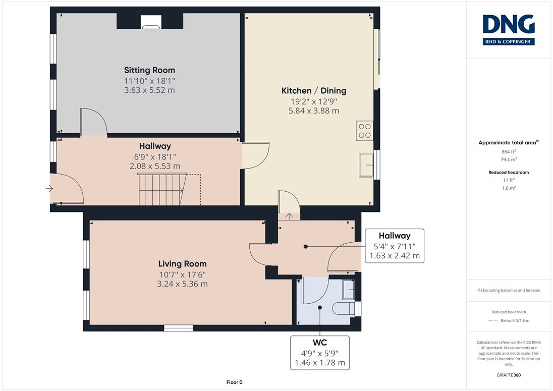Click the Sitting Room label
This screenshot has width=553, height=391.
pyautogui.click(x=149, y=70)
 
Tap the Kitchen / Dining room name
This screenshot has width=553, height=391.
pyautogui.click(x=314, y=91)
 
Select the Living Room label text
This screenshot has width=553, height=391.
pyautogui.click(x=182, y=264)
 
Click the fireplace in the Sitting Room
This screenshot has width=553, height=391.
pyautogui.click(x=151, y=22)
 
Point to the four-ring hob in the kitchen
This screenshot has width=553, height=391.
pyautogui.click(x=365, y=131)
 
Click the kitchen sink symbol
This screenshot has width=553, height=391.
pyautogui.click(x=366, y=164)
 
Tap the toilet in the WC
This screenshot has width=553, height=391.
pyautogui.click(x=344, y=308)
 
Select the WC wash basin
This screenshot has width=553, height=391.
pyautogui.click(x=349, y=289)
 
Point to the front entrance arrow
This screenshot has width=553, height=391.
pyautogui.click(x=49, y=189)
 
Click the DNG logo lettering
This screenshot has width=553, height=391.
pyautogui.click(x=509, y=24)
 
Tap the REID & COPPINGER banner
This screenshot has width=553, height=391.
pyautogui.click(x=509, y=41)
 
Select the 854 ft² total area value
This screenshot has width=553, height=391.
pyautogui.click(x=509, y=151)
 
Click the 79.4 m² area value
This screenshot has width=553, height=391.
pyautogui.click(x=509, y=159)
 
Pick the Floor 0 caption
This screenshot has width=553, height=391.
pyautogui.click(x=235, y=382)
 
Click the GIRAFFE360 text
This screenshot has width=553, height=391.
pyautogui.click(x=509, y=375)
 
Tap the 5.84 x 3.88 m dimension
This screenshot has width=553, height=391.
pyautogui.click(x=314, y=110)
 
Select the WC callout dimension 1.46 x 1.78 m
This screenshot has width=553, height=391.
pyautogui.click(x=320, y=362)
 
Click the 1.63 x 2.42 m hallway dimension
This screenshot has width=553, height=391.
pyautogui.click(x=395, y=256)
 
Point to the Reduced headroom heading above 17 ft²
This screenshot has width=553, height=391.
pyautogui.click(x=509, y=173)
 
